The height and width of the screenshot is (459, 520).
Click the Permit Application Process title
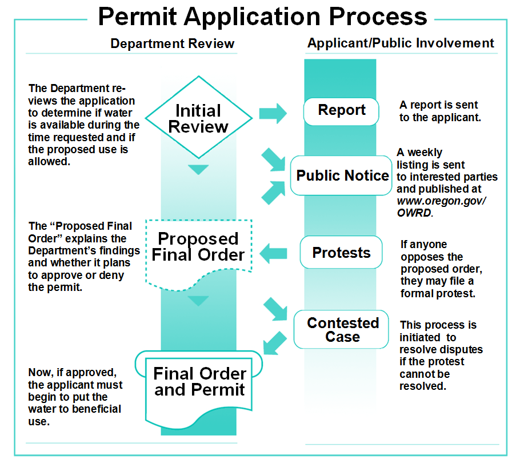click(x=262, y=17)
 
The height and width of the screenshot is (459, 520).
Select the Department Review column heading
click(x=172, y=43)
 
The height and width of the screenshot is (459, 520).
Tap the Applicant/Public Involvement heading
click(x=401, y=43)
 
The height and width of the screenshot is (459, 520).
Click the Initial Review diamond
click(x=198, y=118)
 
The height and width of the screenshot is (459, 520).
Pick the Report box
click(x=341, y=111)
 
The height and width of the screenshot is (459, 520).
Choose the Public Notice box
click(x=342, y=175)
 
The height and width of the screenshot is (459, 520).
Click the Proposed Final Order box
click(x=198, y=248)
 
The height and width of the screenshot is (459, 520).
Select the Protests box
click(x=341, y=253)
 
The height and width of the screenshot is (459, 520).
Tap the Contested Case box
click(x=342, y=330)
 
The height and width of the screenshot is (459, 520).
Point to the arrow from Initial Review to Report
click(x=273, y=113)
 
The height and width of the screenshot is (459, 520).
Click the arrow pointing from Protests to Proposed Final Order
click(x=274, y=252)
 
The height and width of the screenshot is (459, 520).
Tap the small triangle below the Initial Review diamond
click(x=198, y=169)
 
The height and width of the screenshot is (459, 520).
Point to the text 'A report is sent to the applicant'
click(x=438, y=111)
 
